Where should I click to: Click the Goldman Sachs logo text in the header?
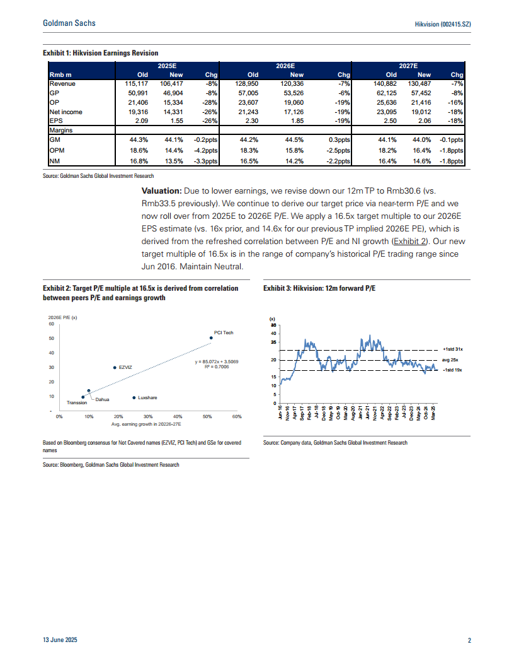pyautogui.click(x=69, y=23)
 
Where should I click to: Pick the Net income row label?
pyautogui.click(x=66, y=112)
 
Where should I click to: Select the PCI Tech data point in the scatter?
pyautogui.click(x=211, y=338)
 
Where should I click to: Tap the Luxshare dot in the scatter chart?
pyautogui.click(x=134, y=397)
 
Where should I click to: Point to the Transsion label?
pyautogui.click(x=77, y=402)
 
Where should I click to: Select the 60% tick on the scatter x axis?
pyautogui.click(x=237, y=416)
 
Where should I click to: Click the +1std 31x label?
pyautogui.click(x=452, y=349)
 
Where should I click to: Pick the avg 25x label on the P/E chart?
pyautogui.click(x=450, y=359)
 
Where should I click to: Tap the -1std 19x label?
pyautogui.click(x=452, y=371)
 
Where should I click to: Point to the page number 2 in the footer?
pyautogui.click(x=470, y=641)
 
